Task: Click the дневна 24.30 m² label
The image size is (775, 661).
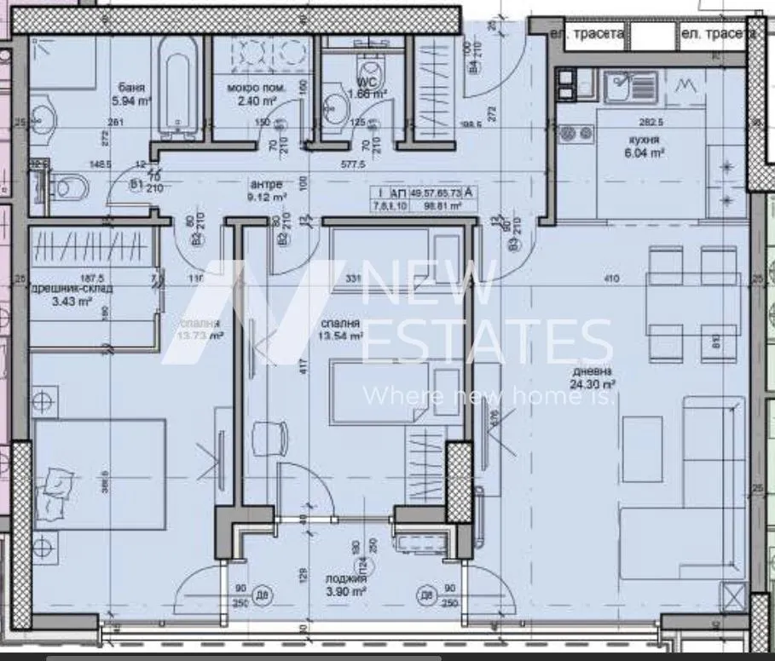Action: (x=594, y=377)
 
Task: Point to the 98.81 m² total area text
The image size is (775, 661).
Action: (x=437, y=205)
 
